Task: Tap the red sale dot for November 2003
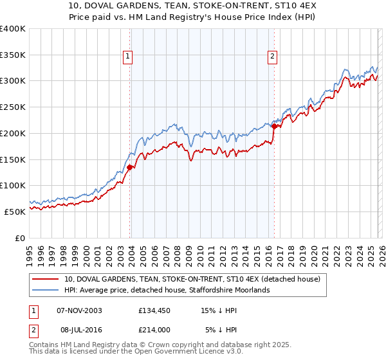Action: click(129, 167)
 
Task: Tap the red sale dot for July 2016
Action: click(274, 126)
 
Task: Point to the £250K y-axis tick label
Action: click(13, 107)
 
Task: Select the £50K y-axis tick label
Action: click(15, 211)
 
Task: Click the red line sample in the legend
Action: click(46, 279)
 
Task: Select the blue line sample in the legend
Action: click(46, 290)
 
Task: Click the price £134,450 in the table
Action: click(154, 310)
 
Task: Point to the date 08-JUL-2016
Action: click(79, 329)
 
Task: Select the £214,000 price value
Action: click(154, 329)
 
